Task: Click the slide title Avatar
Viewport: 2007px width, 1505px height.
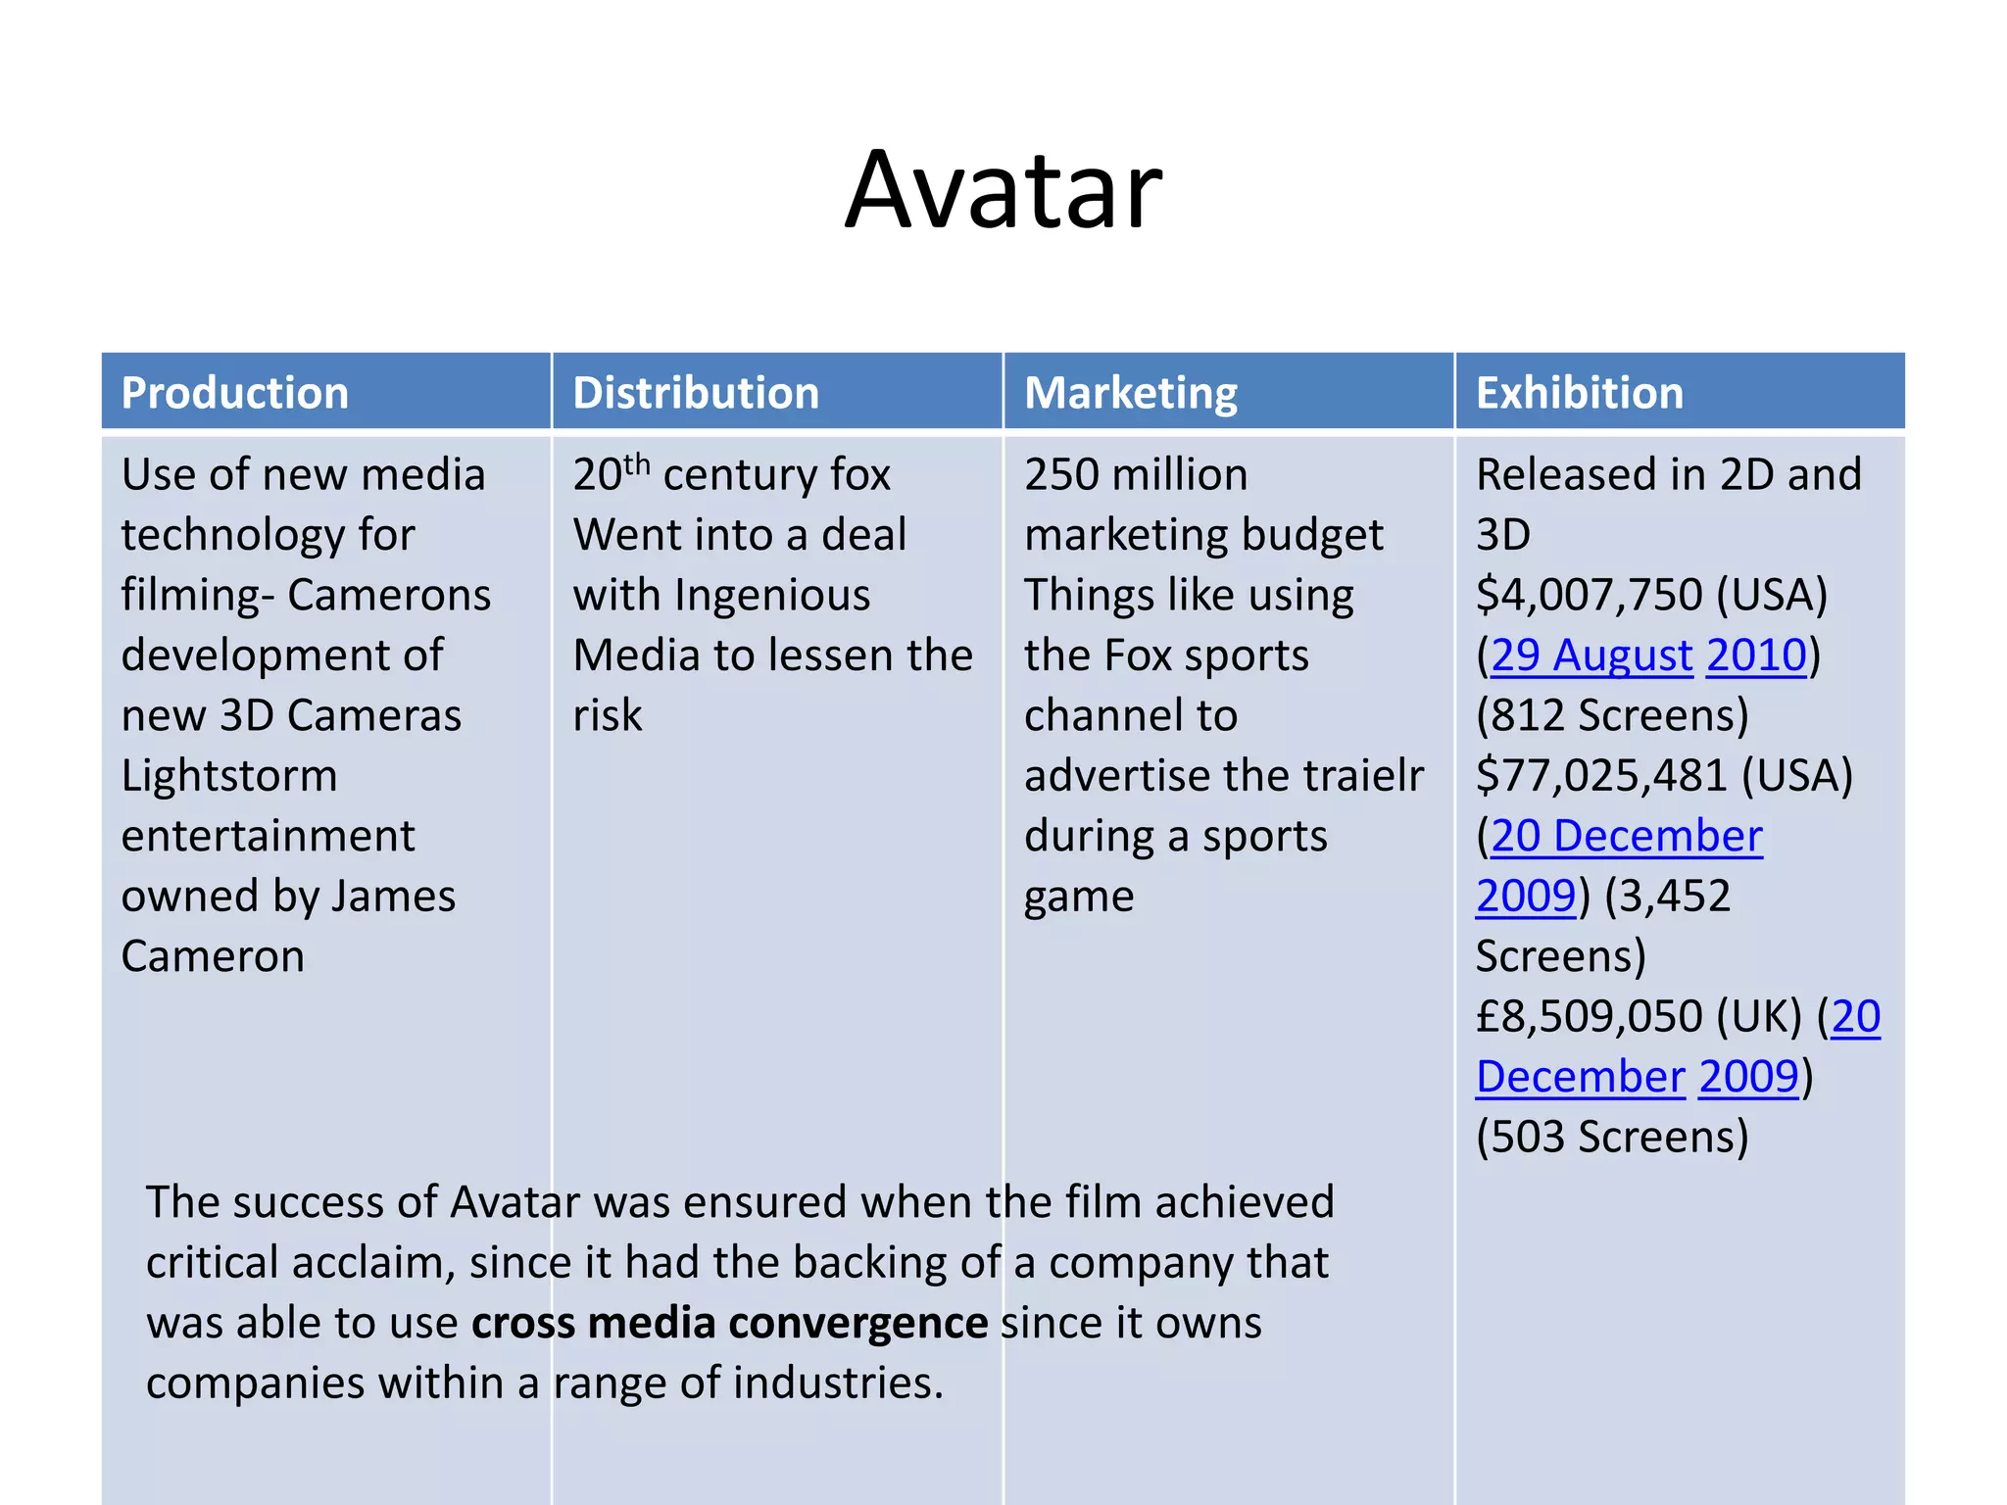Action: click(1003, 190)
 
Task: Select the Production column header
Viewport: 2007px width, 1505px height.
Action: click(235, 393)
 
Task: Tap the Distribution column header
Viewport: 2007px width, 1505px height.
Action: click(696, 393)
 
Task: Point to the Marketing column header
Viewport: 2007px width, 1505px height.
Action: click(1131, 393)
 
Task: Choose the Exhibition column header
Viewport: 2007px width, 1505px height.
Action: click(1580, 393)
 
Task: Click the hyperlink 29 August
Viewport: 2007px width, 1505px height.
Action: click(1591, 655)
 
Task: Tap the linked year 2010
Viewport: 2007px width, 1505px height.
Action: click(1756, 655)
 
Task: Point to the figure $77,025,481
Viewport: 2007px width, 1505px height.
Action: click(1601, 776)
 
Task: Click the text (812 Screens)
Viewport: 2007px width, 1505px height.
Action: click(1612, 716)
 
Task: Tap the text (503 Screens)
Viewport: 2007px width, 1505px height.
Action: click(1612, 1138)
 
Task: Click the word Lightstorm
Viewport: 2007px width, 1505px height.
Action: click(229, 776)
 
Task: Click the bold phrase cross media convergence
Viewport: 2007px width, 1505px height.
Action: click(729, 1324)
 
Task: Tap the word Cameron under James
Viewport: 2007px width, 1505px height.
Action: click(213, 957)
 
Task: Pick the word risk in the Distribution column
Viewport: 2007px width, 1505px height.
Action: click(608, 716)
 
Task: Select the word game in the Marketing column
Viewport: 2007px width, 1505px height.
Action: click(1079, 897)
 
